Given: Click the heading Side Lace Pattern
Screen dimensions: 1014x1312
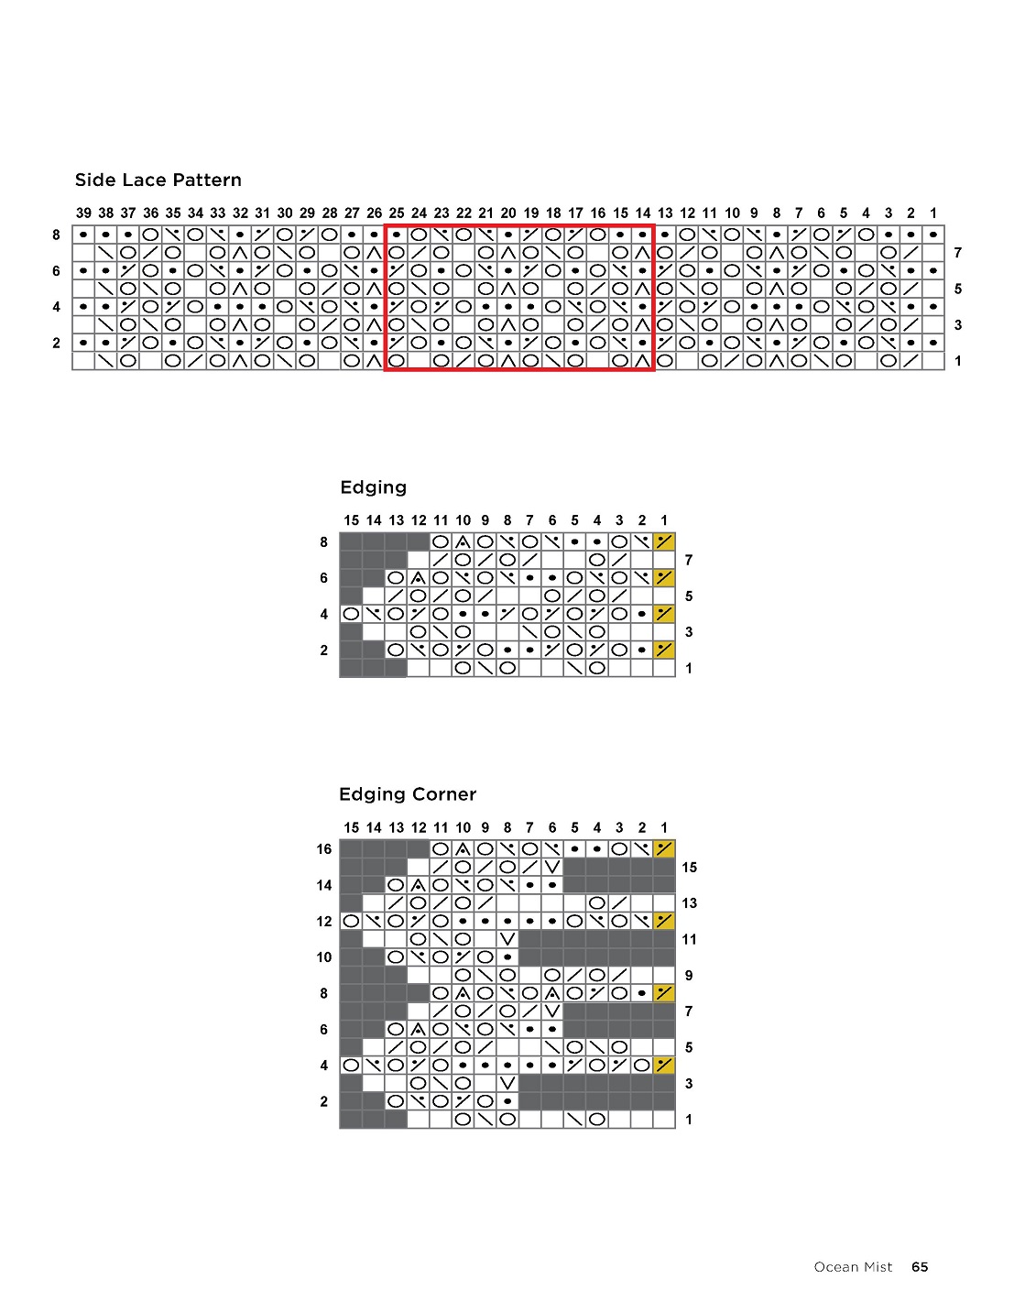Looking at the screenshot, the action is click(158, 180).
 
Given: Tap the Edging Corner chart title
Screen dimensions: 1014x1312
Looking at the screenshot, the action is click(408, 794).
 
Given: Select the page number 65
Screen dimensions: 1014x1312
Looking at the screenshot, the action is click(920, 1267).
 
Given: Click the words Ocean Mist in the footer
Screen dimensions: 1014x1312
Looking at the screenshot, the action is click(853, 1267).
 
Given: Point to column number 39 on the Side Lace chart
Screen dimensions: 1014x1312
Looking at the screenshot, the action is click(83, 213).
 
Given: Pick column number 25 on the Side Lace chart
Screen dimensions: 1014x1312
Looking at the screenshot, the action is click(397, 213).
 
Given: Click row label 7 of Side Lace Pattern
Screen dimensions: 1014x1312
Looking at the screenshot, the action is click(958, 253).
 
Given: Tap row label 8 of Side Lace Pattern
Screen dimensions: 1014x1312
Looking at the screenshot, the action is click(56, 235).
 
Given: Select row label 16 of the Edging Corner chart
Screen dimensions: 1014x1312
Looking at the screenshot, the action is click(324, 849).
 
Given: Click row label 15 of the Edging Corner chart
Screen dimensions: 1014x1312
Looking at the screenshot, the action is click(689, 867).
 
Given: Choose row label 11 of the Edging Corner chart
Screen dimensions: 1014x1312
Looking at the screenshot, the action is click(689, 939).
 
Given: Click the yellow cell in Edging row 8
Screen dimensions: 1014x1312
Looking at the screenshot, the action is click(664, 541).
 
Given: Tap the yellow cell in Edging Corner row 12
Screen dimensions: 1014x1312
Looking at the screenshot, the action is click(664, 921).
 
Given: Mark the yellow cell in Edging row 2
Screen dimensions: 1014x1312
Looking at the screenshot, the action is click(664, 651).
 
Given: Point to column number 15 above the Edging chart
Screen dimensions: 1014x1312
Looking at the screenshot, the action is click(351, 519).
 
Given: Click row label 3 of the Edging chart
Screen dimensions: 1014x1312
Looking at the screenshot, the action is click(689, 632).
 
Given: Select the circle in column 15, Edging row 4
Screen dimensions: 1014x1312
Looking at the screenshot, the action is click(351, 614).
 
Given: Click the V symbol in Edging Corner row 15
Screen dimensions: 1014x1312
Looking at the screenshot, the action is click(552, 867).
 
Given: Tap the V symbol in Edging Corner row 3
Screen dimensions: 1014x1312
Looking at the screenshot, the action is click(507, 1083).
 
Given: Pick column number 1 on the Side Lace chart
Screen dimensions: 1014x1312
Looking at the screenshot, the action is click(933, 213).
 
